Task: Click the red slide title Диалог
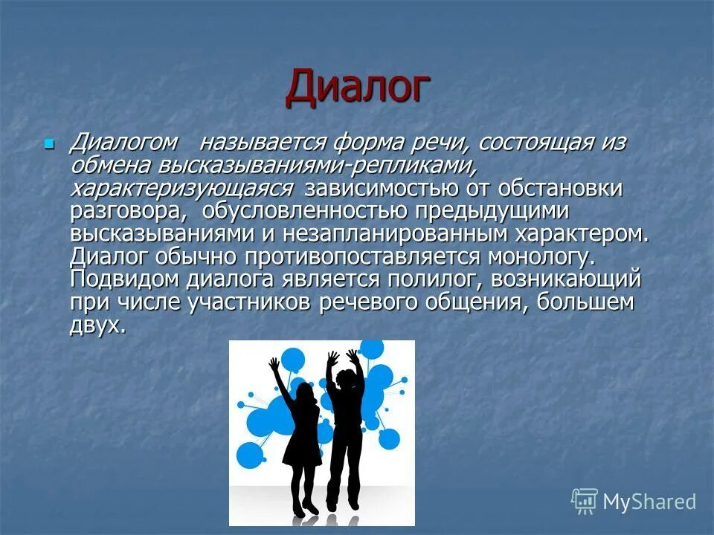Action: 357,87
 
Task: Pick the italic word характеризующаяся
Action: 181,189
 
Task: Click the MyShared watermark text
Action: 649,502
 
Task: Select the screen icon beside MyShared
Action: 585,501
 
